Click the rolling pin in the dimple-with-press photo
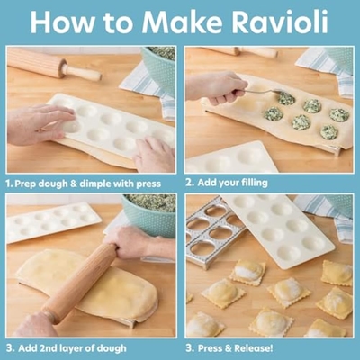pyautogui.click(x=54, y=65)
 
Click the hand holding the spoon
pyautogui.click(x=213, y=88)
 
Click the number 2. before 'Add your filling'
pyautogui.click(x=190, y=183)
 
